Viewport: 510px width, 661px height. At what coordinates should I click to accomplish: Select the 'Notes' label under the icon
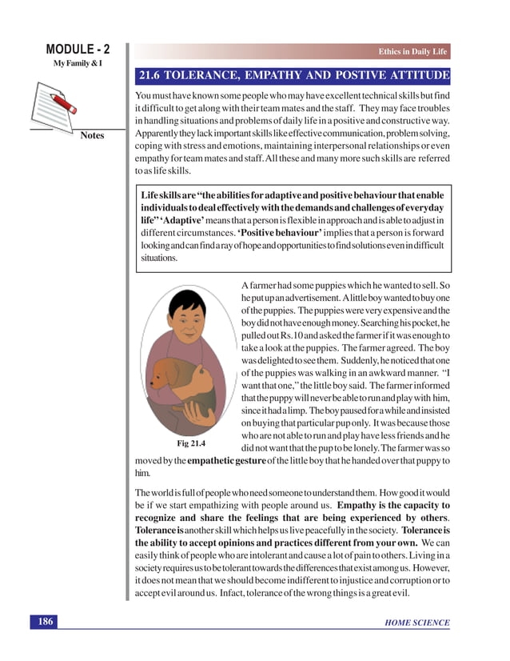tap(92, 136)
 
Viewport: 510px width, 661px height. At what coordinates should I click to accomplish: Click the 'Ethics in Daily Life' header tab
tap(412, 52)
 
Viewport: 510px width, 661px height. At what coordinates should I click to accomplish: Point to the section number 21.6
tap(153, 77)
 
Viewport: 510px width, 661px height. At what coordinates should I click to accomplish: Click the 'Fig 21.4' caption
tap(185, 441)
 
